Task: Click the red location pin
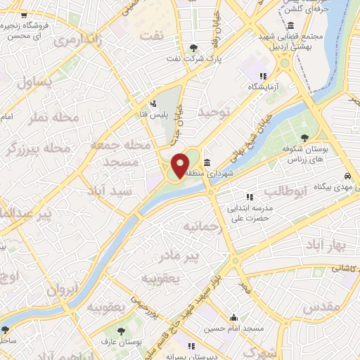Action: (x=180, y=165)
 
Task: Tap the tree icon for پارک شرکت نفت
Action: (x=193, y=48)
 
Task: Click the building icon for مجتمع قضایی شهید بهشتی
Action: (x=300, y=26)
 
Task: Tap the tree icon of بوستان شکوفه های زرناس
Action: (x=304, y=138)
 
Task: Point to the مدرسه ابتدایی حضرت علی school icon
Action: (x=247, y=197)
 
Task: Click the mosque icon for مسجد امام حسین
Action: (x=233, y=317)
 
